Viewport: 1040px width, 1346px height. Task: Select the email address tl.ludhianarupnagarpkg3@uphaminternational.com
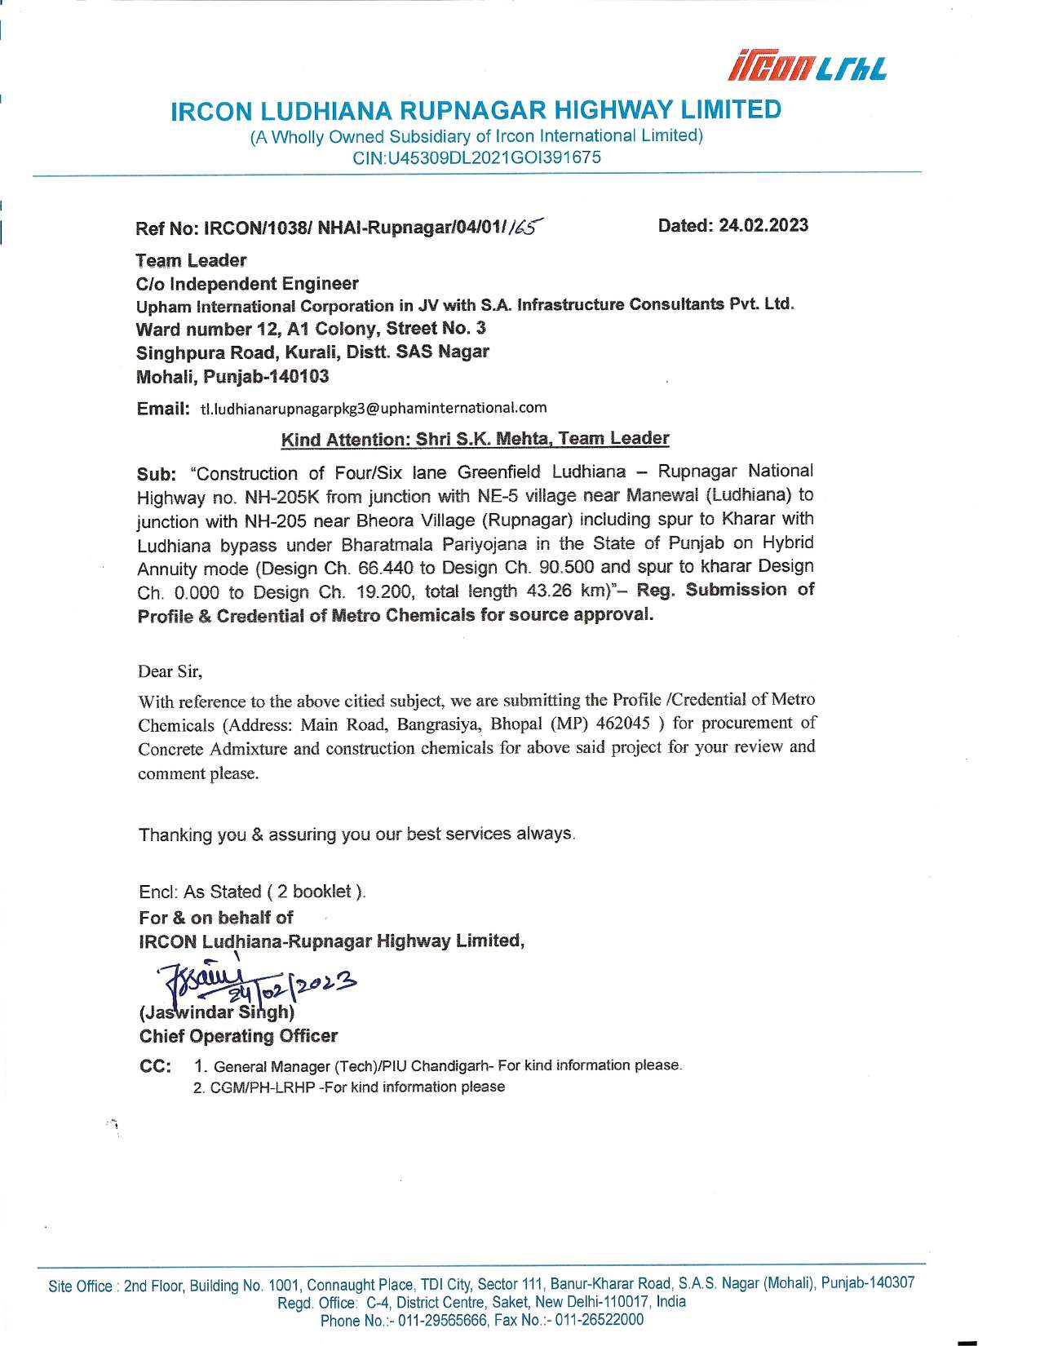point(374,408)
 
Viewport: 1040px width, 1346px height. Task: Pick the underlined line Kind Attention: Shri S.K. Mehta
point(475,439)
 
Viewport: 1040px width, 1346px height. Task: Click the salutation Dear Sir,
point(170,671)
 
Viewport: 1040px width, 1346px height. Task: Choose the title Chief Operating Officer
point(238,1036)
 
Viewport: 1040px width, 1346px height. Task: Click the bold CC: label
point(155,1066)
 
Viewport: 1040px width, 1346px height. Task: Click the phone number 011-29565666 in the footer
point(423,1320)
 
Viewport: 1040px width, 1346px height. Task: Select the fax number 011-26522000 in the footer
point(599,1320)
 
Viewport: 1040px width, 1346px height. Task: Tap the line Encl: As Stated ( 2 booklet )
point(253,892)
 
